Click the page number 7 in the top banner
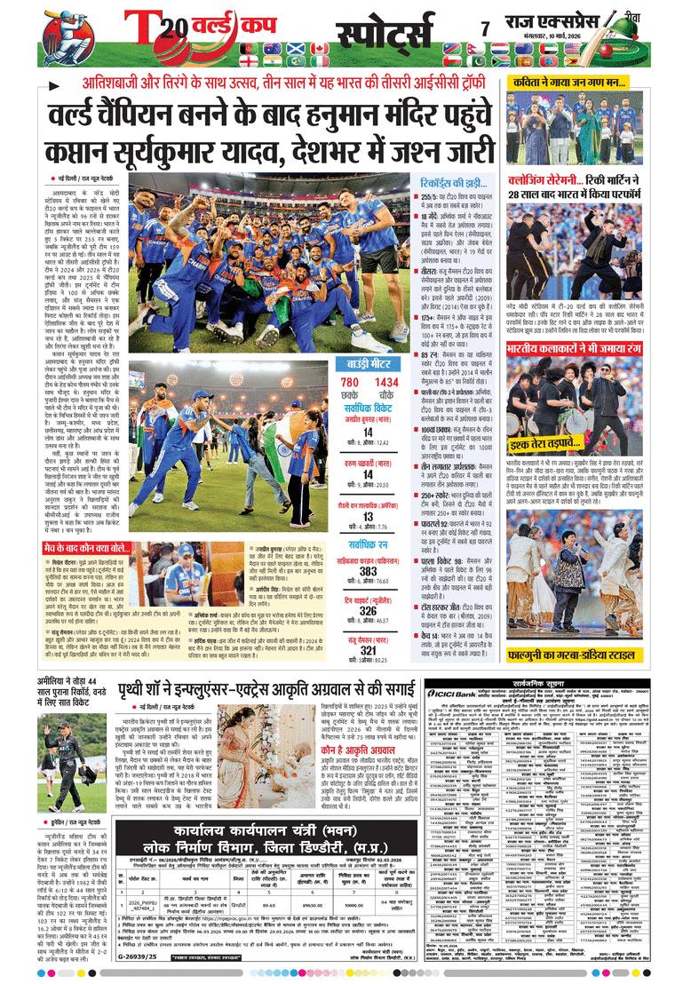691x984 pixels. coord(485,28)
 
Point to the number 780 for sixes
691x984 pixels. coord(351,383)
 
